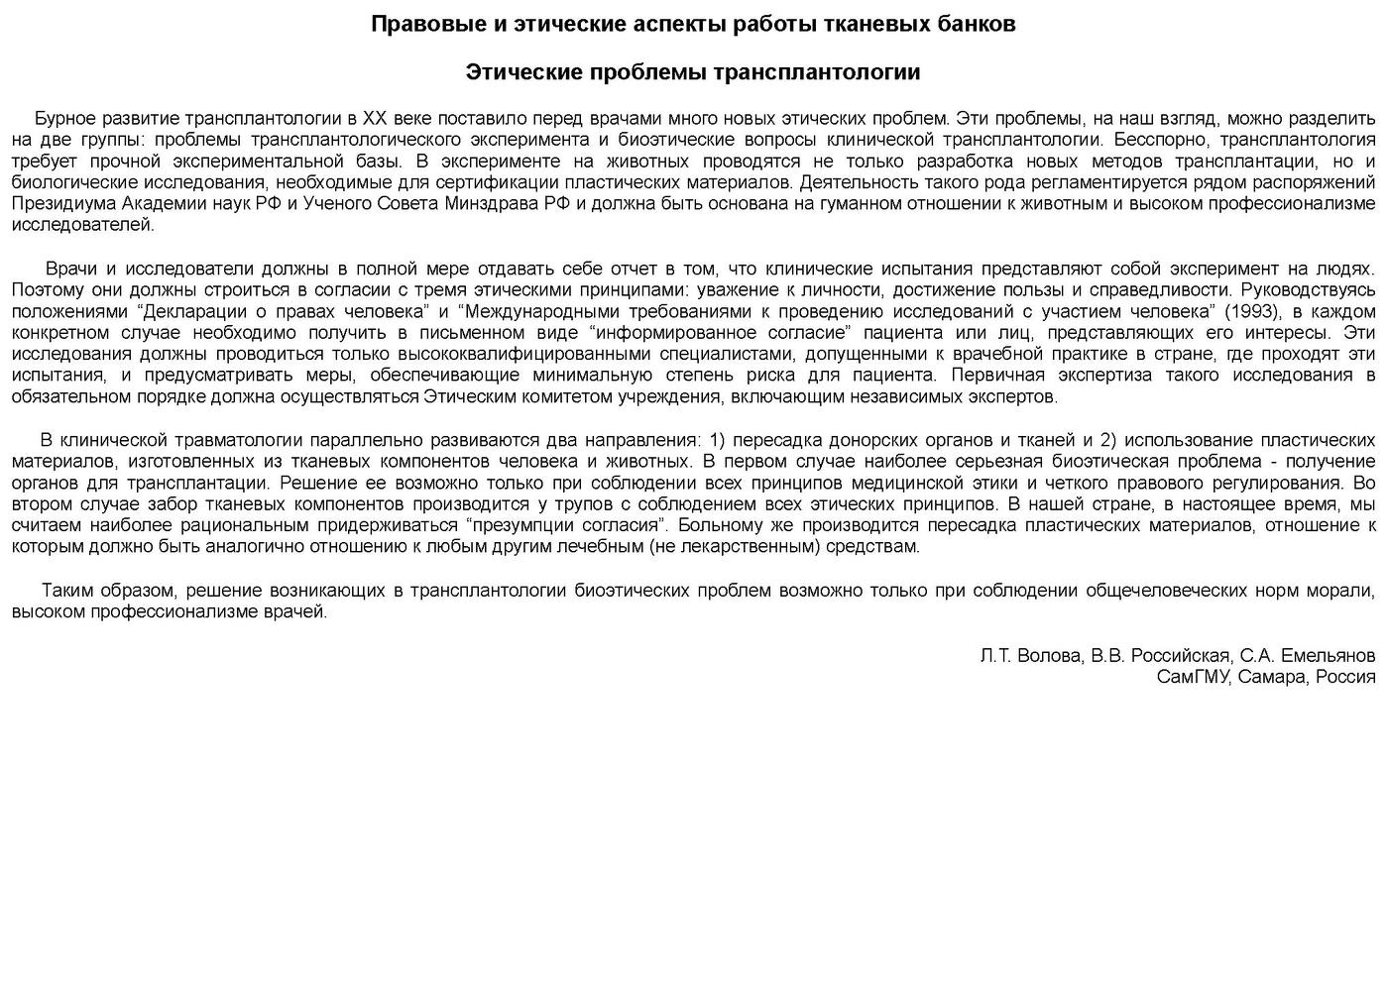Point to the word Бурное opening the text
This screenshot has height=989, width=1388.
62,118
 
